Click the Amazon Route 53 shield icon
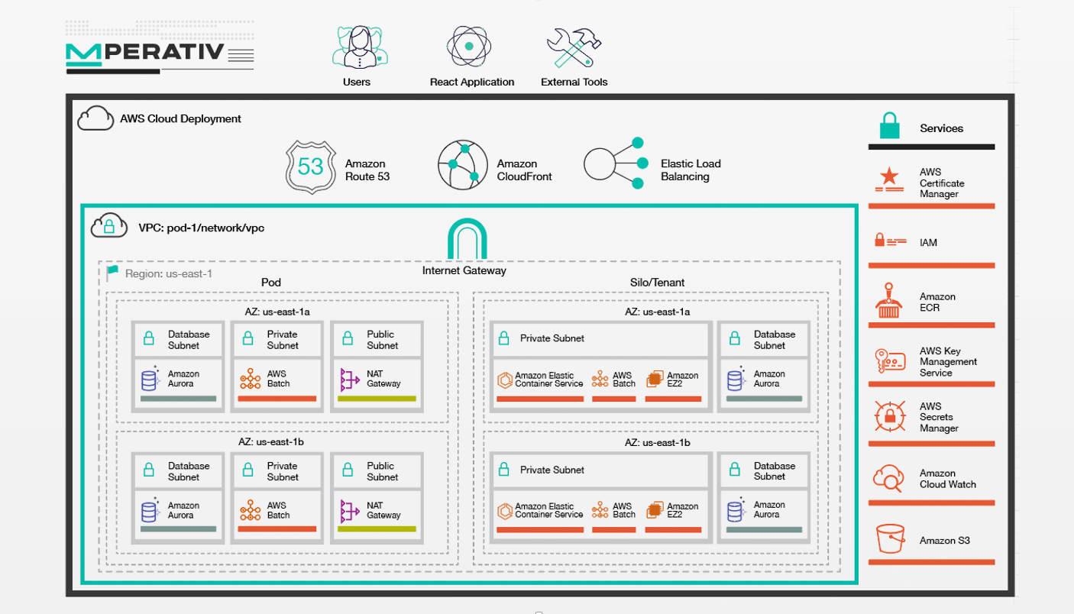pyautogui.click(x=310, y=166)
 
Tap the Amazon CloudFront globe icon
pyautogui.click(x=462, y=165)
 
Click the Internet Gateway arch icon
pyautogui.click(x=467, y=238)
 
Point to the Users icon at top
pyautogui.click(x=360, y=47)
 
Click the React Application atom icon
pyautogui.click(x=469, y=47)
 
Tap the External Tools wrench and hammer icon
pyautogui.click(x=574, y=47)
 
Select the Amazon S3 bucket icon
pyautogui.click(x=890, y=538)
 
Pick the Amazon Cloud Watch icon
pyautogui.click(x=888, y=478)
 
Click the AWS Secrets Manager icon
pyautogui.click(x=890, y=416)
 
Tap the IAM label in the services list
pyautogui.click(x=928, y=243)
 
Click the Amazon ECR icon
pyautogui.click(x=888, y=300)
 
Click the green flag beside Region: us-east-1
pyautogui.click(x=113, y=272)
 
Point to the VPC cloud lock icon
pyautogui.click(x=108, y=225)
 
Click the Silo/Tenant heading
pyautogui.click(x=657, y=283)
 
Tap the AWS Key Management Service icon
pyautogui.click(x=890, y=360)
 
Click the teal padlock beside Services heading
pyautogui.click(x=889, y=125)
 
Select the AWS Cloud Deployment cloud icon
pyautogui.click(x=95, y=118)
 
